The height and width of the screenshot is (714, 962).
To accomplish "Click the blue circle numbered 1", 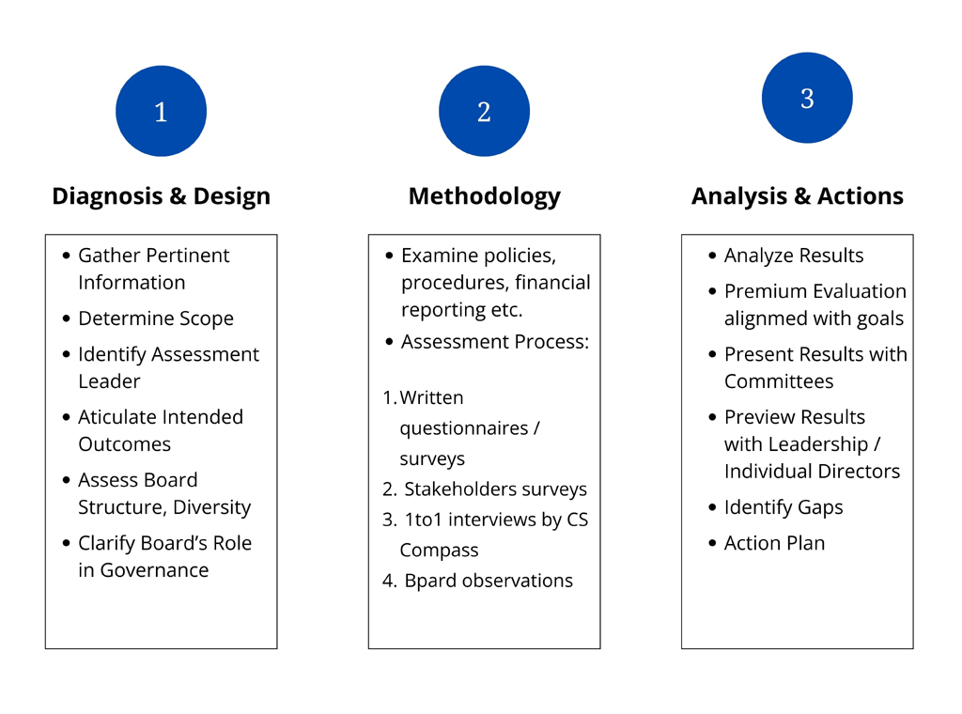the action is click(161, 111).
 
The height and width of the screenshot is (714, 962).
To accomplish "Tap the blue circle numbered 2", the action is click(484, 111).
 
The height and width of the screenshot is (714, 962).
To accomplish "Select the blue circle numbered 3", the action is click(807, 98).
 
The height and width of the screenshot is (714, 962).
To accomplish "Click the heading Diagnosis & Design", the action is click(161, 196).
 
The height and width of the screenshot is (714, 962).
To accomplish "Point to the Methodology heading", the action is click(484, 197).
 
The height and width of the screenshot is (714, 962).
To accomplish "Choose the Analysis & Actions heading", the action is click(797, 196).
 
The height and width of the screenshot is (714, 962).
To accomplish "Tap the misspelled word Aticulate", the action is click(117, 417).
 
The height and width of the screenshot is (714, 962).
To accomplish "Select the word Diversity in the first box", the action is click(211, 508).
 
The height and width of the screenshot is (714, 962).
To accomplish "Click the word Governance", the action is click(154, 570).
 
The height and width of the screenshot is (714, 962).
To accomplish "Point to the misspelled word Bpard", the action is click(430, 581).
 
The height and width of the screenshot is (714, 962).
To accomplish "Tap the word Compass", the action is click(439, 551).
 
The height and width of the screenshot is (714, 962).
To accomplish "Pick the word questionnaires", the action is click(464, 428).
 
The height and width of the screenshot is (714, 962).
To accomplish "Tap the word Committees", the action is click(779, 381).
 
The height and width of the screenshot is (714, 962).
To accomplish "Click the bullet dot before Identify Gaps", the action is click(712, 507).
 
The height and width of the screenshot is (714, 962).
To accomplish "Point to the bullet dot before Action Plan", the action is click(712, 543).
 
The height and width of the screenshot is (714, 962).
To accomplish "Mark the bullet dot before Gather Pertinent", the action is click(67, 256).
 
